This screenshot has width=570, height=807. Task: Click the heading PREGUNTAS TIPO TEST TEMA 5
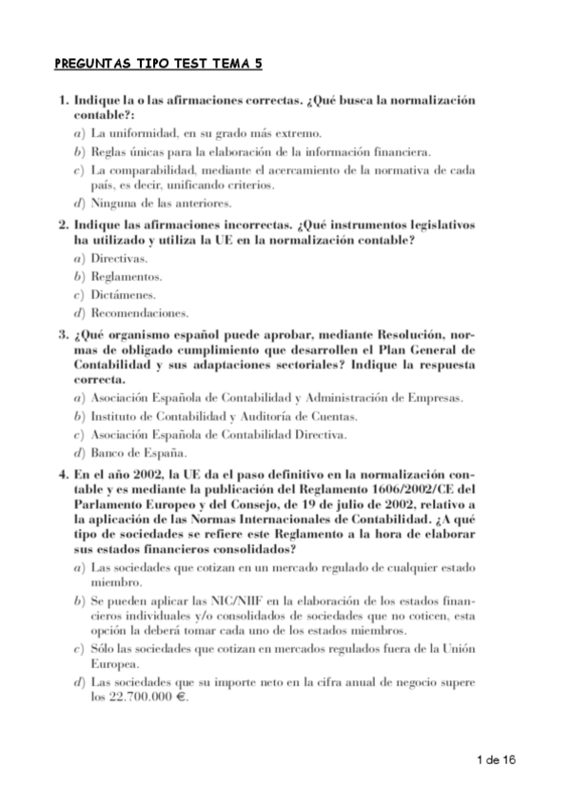[x=158, y=64]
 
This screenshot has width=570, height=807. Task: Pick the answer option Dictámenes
[x=123, y=294]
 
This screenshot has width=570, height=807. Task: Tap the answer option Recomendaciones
[x=139, y=312]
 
